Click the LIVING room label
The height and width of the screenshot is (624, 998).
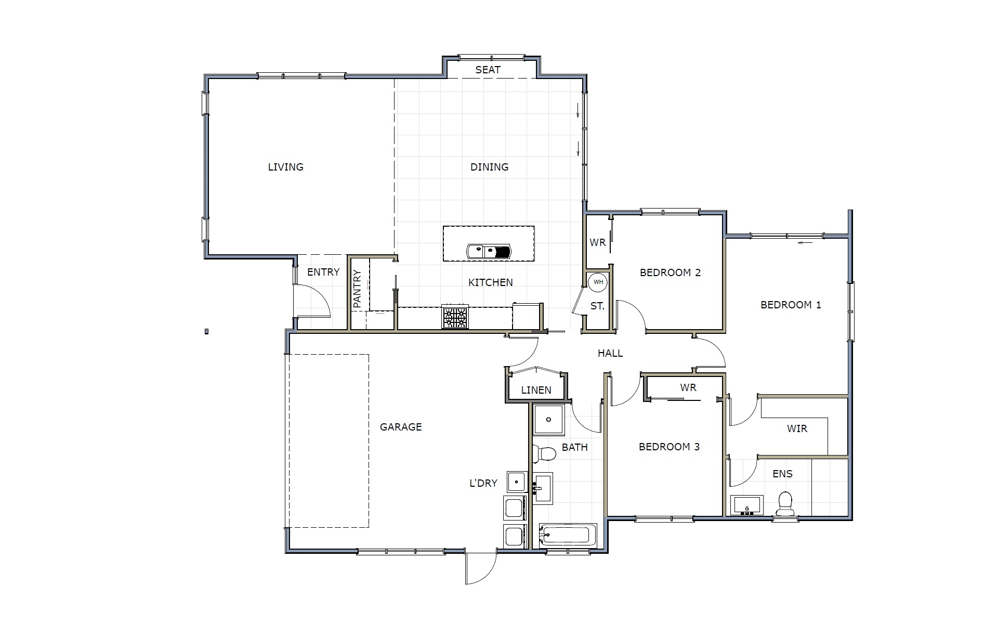pos(285,167)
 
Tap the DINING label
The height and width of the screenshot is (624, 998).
pos(489,167)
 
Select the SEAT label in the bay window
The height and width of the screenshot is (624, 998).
pos(488,70)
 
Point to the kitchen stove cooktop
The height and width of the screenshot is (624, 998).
pos(455,317)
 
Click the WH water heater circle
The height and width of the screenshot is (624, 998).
pos(598,282)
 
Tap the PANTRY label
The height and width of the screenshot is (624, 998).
pos(357,289)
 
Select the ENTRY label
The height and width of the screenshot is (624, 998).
pos(323,272)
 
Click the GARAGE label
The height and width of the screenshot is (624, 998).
pos(401,427)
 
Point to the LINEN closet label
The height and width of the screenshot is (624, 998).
pos(536,390)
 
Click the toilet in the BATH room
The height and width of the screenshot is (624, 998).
pos(544,453)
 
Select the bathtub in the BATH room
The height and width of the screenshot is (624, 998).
pos(568,535)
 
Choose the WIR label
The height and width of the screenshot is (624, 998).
pos(797,428)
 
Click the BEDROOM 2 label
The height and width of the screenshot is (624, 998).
pos(670,272)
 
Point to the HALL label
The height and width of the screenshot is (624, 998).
pos(610,354)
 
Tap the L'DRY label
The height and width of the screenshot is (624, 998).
pos(483,483)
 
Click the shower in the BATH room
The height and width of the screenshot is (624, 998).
pos(548,420)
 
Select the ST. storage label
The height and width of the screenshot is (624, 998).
pos(597,306)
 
